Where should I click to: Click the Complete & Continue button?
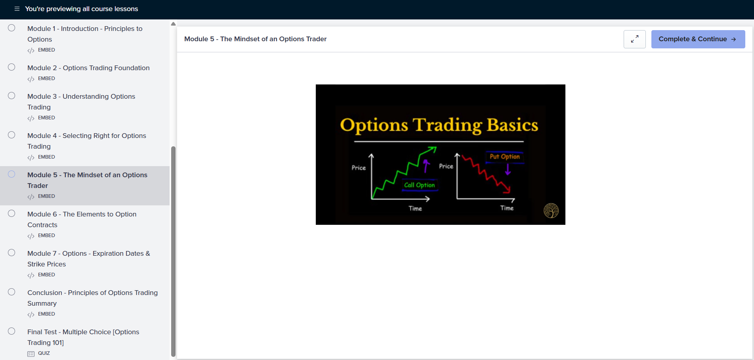tap(698, 39)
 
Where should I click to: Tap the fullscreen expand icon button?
tap(635, 39)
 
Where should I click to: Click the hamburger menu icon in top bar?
tap(17, 9)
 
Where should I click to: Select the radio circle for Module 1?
tap(11, 28)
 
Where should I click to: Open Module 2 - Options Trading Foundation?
tap(88, 68)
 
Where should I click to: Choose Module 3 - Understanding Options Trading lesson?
tap(81, 101)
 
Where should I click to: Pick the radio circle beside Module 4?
tap(11, 135)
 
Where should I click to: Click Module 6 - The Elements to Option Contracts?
tap(82, 219)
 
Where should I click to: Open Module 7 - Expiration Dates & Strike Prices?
tap(89, 259)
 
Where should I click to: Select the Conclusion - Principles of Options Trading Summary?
tap(92, 298)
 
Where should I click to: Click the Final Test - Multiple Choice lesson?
tap(83, 337)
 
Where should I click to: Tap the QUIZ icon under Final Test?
tap(31, 354)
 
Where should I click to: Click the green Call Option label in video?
tap(420, 185)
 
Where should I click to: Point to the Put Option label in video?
tap(504, 157)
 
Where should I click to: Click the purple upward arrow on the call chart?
tap(426, 166)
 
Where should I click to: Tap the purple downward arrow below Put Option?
tap(508, 169)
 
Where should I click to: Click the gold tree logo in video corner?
tap(551, 211)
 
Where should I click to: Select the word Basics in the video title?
tap(512, 125)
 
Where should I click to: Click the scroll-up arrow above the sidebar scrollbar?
tap(173, 24)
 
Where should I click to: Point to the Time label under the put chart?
tap(507, 208)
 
